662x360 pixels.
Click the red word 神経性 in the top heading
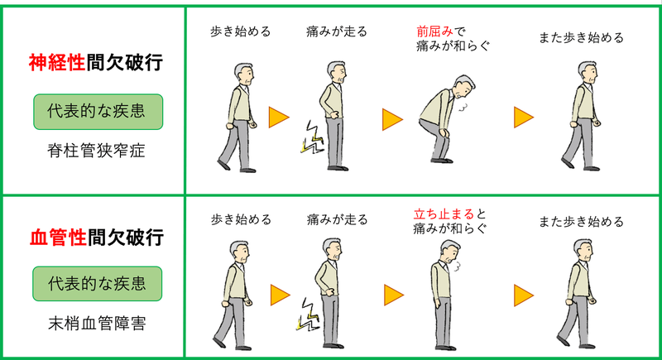point(57,63)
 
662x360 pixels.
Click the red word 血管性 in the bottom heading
point(58,238)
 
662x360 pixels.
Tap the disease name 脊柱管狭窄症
point(96,151)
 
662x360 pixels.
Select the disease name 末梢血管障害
point(97,324)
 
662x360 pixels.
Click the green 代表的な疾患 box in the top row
point(98,112)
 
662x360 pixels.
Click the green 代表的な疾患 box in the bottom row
point(97,284)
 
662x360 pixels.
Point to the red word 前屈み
point(434,31)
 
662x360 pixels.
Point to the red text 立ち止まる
point(444,214)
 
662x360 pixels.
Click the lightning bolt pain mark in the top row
point(312,137)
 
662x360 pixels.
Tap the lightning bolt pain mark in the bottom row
point(307,314)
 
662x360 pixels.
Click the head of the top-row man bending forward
point(463,85)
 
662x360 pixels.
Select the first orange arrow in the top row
point(279,118)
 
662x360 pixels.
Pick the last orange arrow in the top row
point(524,118)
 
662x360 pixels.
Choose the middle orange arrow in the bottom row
point(394,295)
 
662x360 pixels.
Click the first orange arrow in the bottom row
point(281,295)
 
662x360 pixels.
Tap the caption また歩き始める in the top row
point(582,38)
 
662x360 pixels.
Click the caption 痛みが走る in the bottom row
point(337,219)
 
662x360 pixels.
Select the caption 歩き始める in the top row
point(241,31)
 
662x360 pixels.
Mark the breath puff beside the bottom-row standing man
point(456,266)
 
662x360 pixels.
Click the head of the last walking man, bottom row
point(583,251)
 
